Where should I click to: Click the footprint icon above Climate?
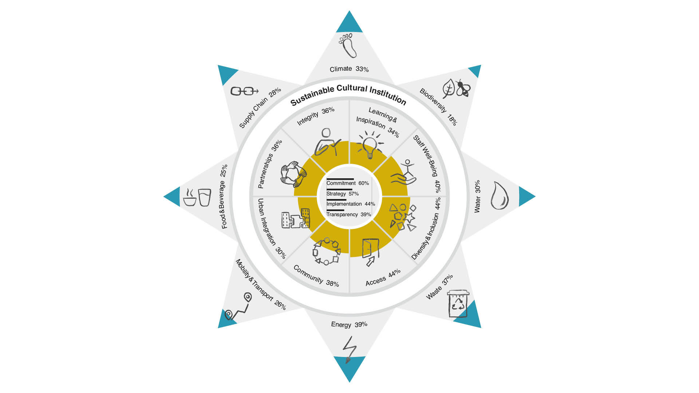pyautogui.click(x=348, y=45)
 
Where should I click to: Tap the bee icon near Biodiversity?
pyautogui.click(x=463, y=88)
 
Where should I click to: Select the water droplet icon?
pyautogui.click(x=499, y=196)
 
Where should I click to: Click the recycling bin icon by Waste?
pyautogui.click(x=458, y=303)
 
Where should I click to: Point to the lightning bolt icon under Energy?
pyautogui.click(x=349, y=349)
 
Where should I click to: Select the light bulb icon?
pyautogui.click(x=370, y=146)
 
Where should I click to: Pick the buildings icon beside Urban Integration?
pyautogui.click(x=296, y=219)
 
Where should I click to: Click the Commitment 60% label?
pyautogui.click(x=347, y=183)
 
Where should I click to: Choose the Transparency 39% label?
pyautogui.click(x=348, y=214)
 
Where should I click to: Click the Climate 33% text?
pyautogui.click(x=349, y=69)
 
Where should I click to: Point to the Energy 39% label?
pyautogui.click(x=349, y=324)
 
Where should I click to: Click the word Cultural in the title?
pyautogui.click(x=352, y=88)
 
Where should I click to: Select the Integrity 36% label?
pyautogui.click(x=315, y=115)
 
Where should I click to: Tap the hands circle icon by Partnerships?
pyautogui.click(x=293, y=174)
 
